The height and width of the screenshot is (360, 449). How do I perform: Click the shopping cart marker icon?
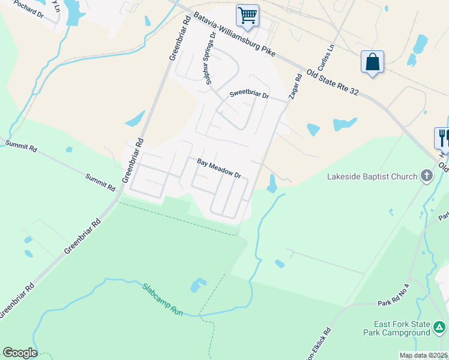[x=247, y=16]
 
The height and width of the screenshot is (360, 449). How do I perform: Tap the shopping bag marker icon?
[x=372, y=62]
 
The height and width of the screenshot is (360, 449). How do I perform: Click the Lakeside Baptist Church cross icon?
[x=427, y=176]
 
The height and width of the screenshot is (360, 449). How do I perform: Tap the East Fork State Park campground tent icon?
[x=440, y=328]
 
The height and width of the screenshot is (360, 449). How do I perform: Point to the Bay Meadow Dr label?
[x=219, y=169]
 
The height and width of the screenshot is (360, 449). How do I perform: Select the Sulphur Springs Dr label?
[x=209, y=59]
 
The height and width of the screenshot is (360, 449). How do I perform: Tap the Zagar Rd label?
[x=295, y=86]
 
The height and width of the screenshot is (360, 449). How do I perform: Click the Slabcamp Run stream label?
[x=163, y=299]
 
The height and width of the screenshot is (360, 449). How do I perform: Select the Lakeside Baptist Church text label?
[x=372, y=176]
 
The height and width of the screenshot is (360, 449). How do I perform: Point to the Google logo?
[x=20, y=353]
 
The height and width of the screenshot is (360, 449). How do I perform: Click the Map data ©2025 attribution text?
[x=423, y=355]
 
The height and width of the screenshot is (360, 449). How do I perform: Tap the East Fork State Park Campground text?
[x=397, y=328]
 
